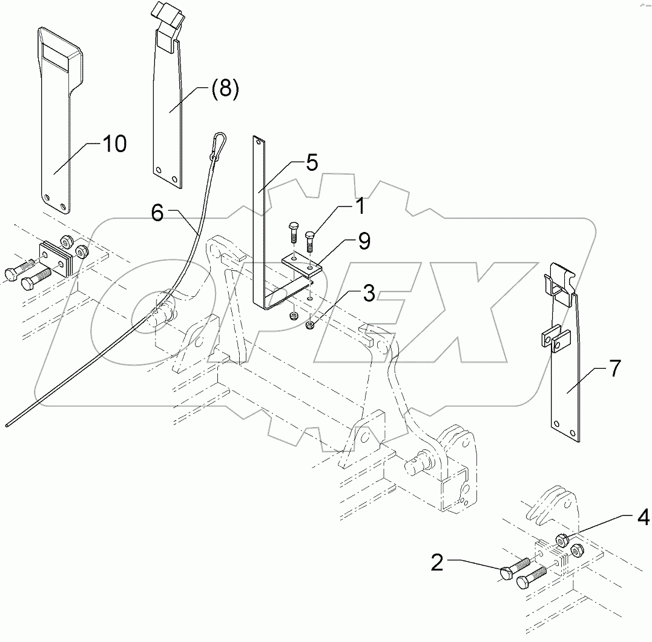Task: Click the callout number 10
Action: click(x=114, y=144)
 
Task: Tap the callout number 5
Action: click(x=311, y=164)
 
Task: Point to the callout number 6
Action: click(x=157, y=214)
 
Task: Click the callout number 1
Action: click(x=359, y=207)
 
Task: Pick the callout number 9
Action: click(x=363, y=242)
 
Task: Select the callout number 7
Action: click(x=614, y=368)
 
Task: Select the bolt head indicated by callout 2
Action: click(x=507, y=572)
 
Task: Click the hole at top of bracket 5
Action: click(x=258, y=143)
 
